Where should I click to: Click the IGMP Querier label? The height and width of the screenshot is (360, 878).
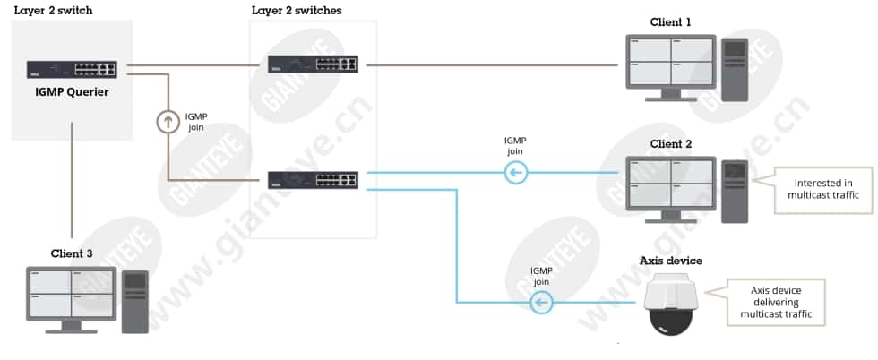click(x=73, y=92)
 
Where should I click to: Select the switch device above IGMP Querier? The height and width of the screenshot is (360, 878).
click(x=72, y=70)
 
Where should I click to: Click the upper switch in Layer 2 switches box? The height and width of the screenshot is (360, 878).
click(x=313, y=64)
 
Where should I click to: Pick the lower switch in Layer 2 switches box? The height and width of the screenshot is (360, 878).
click(x=313, y=180)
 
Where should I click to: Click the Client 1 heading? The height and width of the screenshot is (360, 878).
click(x=671, y=22)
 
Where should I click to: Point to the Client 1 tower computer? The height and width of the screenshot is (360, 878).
click(x=735, y=70)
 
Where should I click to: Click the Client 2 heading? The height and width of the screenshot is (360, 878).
click(x=671, y=144)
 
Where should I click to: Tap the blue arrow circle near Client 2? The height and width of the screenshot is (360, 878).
click(x=515, y=173)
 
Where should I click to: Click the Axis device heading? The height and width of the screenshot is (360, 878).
click(x=671, y=261)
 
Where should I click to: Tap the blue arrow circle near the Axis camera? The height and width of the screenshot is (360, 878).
click(x=542, y=303)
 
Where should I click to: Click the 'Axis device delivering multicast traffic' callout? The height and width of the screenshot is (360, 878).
click(x=776, y=303)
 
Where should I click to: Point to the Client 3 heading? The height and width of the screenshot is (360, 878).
click(x=72, y=253)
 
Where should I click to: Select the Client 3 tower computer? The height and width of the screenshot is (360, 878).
click(x=135, y=303)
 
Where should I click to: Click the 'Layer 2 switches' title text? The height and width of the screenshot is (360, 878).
click(x=297, y=11)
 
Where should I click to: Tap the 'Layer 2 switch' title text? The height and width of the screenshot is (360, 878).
click(x=53, y=11)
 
